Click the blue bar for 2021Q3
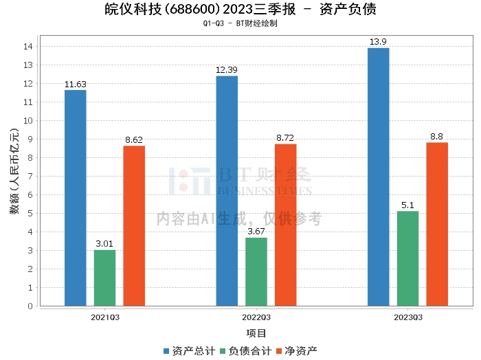[x=76, y=198]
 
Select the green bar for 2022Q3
[x=256, y=271]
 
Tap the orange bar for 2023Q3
[x=437, y=224]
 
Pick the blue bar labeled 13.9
[x=379, y=177]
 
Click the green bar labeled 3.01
[x=104, y=278]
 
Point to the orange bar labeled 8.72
[x=286, y=225]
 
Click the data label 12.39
[x=227, y=70]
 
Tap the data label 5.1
[x=407, y=205]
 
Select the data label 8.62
[x=134, y=140]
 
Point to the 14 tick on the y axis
[x=28, y=46]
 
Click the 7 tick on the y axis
[x=30, y=177]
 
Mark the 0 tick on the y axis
[x=30, y=306]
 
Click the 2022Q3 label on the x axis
[x=256, y=317]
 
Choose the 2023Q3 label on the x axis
[x=408, y=317]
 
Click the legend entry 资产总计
[x=189, y=351]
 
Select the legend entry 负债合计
[x=246, y=351]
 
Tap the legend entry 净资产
[x=297, y=351]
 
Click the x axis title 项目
[x=256, y=333]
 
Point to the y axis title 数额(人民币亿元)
[x=14, y=171]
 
